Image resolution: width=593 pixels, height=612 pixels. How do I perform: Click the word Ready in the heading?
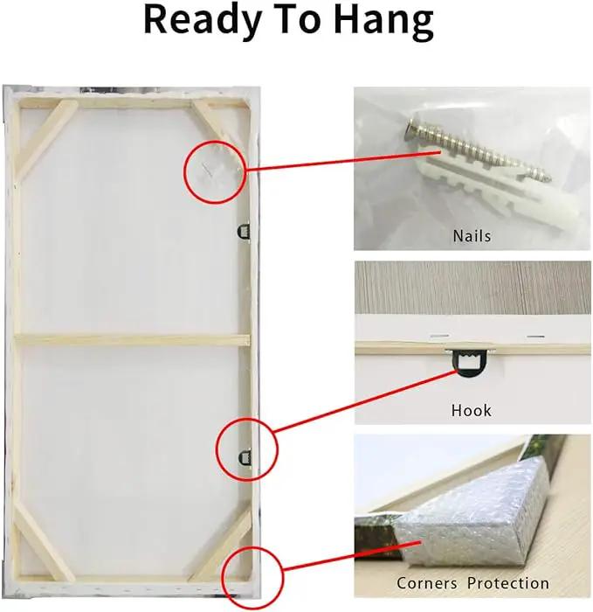(x=203, y=22)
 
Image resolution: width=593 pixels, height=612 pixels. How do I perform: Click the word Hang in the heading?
(x=383, y=22)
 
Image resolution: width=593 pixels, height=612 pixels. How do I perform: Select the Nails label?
(x=472, y=236)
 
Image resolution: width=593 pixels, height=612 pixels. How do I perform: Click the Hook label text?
(x=472, y=410)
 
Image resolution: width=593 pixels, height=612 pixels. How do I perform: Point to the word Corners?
(x=427, y=583)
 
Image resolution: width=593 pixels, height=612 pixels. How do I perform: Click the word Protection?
(x=508, y=583)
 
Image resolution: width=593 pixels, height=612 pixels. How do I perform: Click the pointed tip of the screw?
(x=549, y=178)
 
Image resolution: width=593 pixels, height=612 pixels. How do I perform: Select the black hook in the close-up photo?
(x=470, y=363)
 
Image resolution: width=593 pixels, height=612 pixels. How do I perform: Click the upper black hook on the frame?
(x=244, y=232)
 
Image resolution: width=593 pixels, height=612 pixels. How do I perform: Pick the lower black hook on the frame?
(x=245, y=457)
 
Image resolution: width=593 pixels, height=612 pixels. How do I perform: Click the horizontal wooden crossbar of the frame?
(x=132, y=339)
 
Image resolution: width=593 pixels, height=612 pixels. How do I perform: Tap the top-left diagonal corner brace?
(x=46, y=138)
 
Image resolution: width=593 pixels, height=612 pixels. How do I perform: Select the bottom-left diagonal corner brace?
(x=44, y=542)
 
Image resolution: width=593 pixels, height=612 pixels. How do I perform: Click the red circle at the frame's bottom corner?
(x=252, y=577)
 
